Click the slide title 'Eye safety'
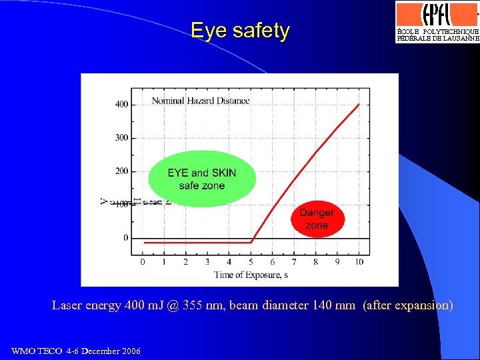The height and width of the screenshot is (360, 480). point(240,31)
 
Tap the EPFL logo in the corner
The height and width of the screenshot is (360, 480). point(437,22)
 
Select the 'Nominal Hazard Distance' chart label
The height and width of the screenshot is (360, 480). point(201,101)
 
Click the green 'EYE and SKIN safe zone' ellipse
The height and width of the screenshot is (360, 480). point(201,178)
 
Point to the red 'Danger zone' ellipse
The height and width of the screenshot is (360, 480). point(317,219)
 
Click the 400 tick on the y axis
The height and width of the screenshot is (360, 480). point(122,104)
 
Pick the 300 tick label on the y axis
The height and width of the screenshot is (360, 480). point(122,138)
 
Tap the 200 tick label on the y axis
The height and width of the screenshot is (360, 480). point(122,171)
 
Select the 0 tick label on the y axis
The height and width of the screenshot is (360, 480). point(125,238)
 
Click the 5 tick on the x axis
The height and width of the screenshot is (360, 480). point(251,262)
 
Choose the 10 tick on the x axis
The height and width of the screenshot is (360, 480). point(359,262)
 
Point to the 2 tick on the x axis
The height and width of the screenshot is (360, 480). point(185,262)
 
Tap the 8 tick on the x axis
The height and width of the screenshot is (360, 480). point(316,262)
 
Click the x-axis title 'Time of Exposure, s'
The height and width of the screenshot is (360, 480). point(251,275)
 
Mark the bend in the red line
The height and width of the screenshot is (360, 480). point(251,242)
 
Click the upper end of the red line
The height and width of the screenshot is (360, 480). point(359,105)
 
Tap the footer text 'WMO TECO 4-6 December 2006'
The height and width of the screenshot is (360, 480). point(76,351)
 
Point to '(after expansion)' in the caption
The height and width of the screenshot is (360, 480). point(408,305)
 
